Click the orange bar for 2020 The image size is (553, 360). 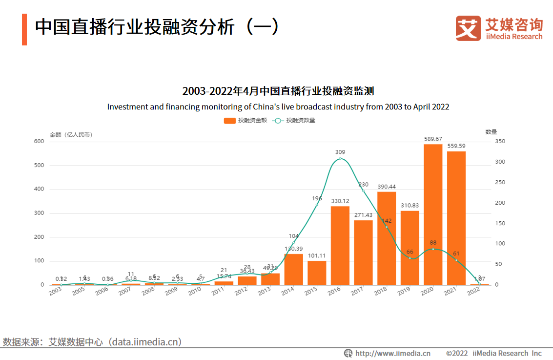433,214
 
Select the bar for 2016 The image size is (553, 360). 340,245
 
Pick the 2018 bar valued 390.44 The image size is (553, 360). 387,238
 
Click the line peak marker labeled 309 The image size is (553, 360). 340,159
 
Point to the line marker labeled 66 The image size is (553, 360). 410,258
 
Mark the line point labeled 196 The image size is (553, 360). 317,204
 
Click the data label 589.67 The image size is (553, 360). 433,139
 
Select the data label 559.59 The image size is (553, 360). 456,146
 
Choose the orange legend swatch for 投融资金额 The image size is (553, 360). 229,120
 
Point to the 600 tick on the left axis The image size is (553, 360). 39,141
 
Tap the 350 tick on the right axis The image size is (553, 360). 500,141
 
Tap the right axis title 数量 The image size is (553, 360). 491,131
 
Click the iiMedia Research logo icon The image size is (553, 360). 468,28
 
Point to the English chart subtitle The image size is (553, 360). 278,106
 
